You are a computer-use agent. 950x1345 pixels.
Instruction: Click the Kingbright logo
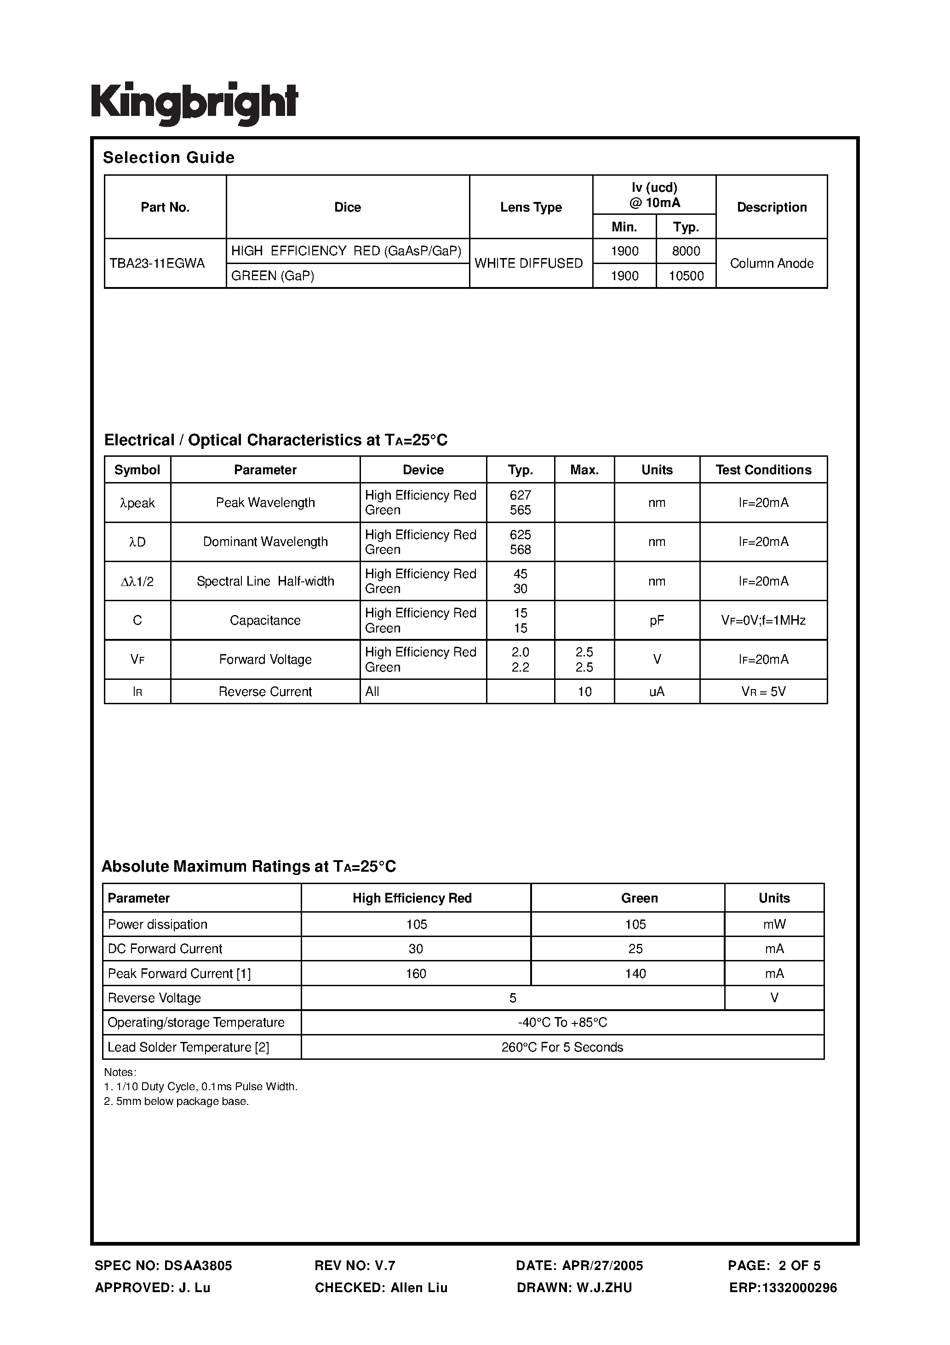[x=195, y=103]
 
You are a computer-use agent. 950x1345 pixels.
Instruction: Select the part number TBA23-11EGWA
[x=157, y=264]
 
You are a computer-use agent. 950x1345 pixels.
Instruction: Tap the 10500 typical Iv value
[x=686, y=276]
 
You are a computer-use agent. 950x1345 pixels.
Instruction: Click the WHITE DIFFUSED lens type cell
[x=528, y=264]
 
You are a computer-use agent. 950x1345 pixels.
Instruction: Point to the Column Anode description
[x=772, y=264]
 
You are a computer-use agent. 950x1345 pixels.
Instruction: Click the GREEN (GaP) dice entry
[x=273, y=276]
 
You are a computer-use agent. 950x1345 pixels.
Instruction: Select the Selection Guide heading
[x=169, y=158]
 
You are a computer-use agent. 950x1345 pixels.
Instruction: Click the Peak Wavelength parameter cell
[x=265, y=503]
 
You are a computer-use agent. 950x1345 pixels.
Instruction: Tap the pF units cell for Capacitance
[x=657, y=621]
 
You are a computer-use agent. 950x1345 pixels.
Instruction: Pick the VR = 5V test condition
[x=763, y=692]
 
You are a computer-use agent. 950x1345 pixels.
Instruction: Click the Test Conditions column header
[x=763, y=470]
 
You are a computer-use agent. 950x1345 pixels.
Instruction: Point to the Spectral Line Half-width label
[x=265, y=581]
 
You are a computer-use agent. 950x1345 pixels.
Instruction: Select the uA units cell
[x=657, y=692]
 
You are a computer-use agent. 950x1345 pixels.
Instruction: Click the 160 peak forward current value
[x=416, y=974]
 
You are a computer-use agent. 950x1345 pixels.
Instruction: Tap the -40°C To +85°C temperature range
[x=562, y=1022]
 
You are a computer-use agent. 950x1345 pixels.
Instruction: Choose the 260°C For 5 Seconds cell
[x=562, y=1047]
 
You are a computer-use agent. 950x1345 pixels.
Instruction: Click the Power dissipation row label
[x=158, y=925]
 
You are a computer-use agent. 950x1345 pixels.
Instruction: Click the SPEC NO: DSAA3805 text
[x=163, y=1265]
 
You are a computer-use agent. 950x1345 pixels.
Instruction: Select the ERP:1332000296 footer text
[x=783, y=1288]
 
